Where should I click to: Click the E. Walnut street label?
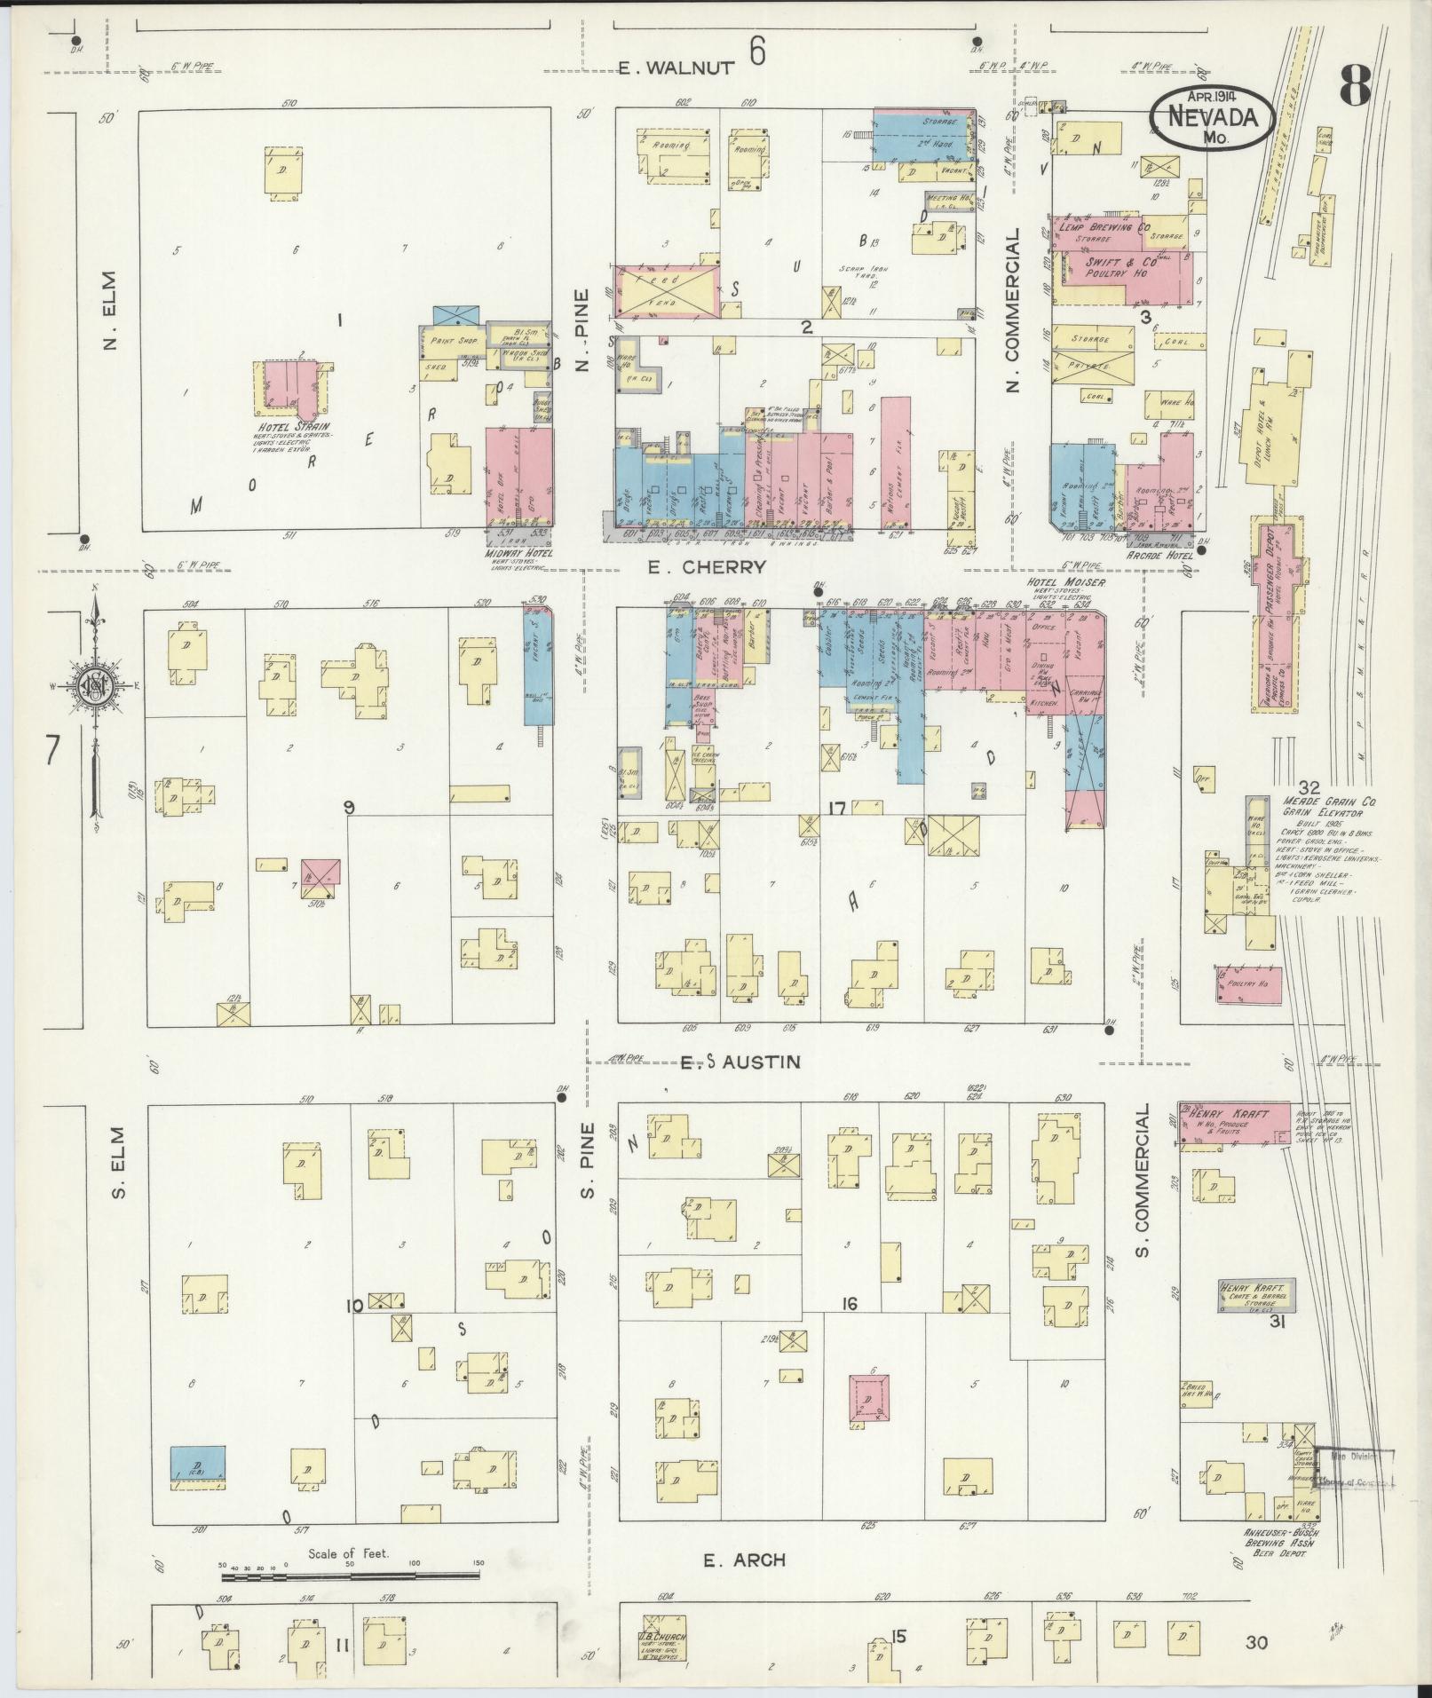pyautogui.click(x=677, y=67)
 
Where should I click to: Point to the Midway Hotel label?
pyautogui.click(x=519, y=553)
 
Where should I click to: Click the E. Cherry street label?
pyautogui.click(x=706, y=568)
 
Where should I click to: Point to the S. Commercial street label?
pyautogui.click(x=1143, y=1181)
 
